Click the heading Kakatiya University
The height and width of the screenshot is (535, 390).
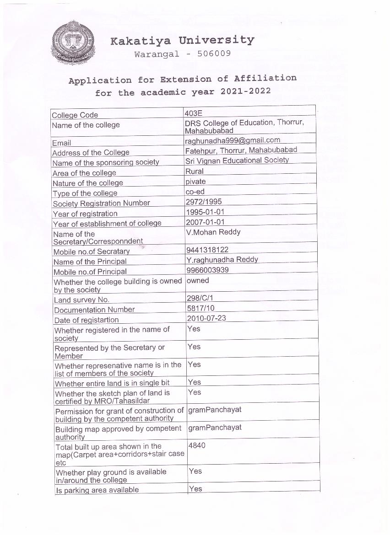pos(182,41)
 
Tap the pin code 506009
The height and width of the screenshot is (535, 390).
pos(214,53)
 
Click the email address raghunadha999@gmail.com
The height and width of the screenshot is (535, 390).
pos(233,140)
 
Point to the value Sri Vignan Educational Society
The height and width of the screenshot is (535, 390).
pos(237,160)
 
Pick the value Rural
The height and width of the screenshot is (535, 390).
pos(195,171)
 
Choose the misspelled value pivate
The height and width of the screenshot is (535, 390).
pos(195,182)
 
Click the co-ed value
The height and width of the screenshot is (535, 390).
pos(195,192)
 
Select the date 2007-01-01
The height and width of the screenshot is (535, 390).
pos(205,222)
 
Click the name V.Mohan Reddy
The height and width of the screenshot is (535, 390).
pos(213,232)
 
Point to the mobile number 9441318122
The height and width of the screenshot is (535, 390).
pos(207,250)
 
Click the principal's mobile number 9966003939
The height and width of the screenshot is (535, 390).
pos(207,270)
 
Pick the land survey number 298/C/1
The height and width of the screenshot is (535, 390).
pos(200,298)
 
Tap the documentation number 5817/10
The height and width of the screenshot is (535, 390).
pos(200,308)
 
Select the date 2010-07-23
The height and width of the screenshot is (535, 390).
pos(206,318)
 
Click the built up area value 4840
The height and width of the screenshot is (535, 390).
pos(197,445)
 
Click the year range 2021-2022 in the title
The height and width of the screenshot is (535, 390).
pos(245,91)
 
